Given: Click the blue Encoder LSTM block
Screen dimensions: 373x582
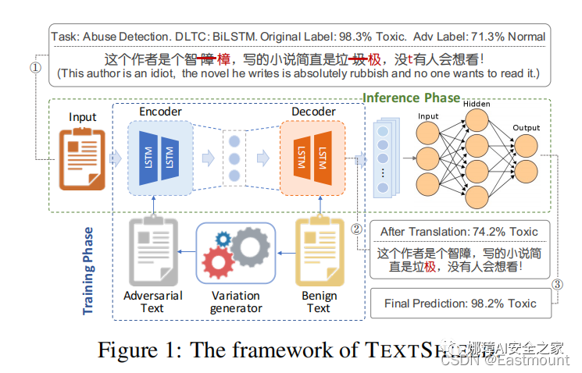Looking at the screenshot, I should (x=159, y=158).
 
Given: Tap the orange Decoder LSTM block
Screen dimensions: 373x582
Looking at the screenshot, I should (x=312, y=158).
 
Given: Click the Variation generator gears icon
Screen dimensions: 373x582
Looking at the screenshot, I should (x=236, y=251).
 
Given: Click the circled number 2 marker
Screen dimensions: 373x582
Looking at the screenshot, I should (x=357, y=229).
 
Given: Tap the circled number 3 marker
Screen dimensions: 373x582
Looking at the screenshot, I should (x=557, y=285).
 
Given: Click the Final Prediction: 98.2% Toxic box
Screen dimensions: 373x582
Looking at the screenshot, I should (x=459, y=304).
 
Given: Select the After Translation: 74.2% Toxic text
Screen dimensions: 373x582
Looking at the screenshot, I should (x=459, y=232).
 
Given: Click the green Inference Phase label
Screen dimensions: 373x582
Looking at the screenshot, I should (x=411, y=98).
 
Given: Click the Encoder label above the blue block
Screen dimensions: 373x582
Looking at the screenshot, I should (x=160, y=112).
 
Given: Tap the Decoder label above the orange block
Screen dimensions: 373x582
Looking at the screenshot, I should (x=313, y=112).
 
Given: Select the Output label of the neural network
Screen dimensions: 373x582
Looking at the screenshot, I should (x=526, y=127).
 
